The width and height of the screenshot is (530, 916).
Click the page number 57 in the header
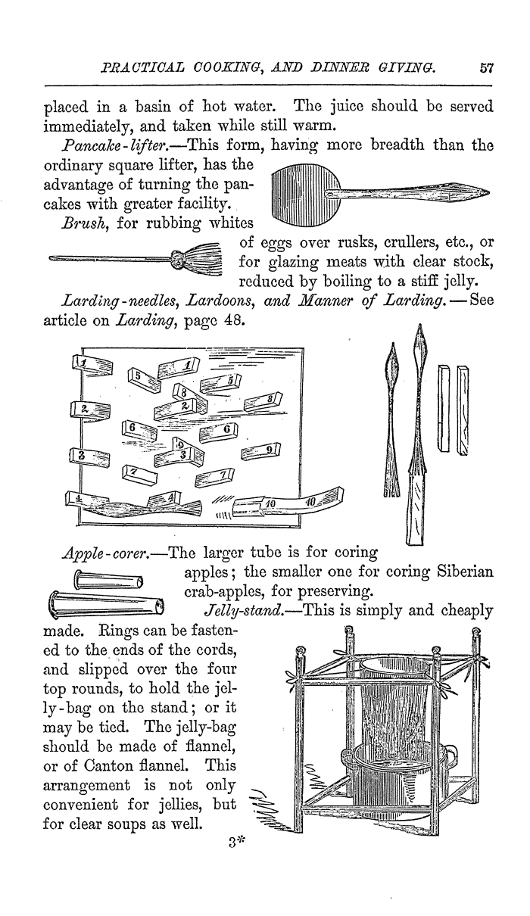(486, 67)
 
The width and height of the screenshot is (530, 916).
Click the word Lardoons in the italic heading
(217, 301)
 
